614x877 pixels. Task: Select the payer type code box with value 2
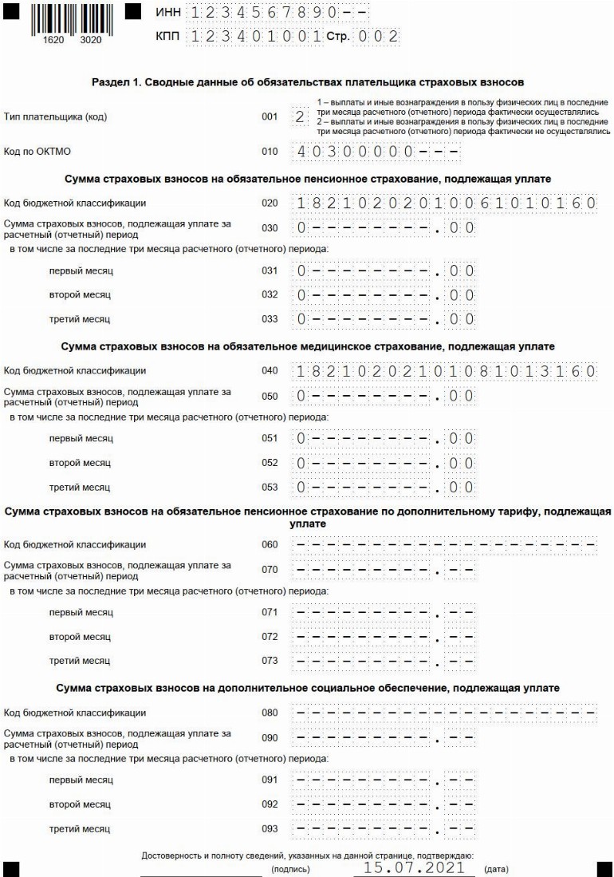[299, 117]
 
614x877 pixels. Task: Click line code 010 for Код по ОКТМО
[270, 151]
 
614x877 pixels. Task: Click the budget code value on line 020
[446, 203]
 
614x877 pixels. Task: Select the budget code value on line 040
[446, 370]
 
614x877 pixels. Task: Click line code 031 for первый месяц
[270, 271]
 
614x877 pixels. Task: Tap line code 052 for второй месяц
[270, 463]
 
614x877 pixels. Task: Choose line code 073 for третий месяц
[270, 661]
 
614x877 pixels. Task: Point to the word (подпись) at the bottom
[290, 868]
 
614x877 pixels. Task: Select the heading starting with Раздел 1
[307, 82]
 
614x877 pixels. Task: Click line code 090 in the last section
[270, 737]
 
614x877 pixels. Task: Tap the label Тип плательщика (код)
[56, 117]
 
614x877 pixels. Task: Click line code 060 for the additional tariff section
[270, 545]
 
